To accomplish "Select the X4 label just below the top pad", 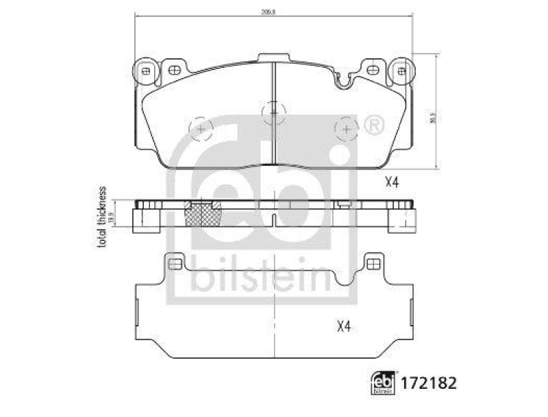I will pos(392,182).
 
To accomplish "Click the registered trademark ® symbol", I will pos(373,126).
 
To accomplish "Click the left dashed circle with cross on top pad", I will pos(200,128).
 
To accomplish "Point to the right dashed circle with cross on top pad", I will pos(347,128).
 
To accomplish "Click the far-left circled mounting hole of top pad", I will pos(145,69).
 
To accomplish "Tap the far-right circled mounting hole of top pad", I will pos(402,69).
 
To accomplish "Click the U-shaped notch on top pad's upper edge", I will pos(346,81).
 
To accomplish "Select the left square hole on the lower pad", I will pos(175,263).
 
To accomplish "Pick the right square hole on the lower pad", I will pos(373,263).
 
